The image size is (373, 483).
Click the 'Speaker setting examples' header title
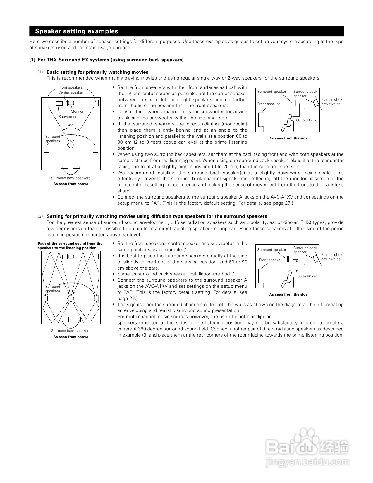tap(76, 31)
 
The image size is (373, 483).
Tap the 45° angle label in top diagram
tap(71, 125)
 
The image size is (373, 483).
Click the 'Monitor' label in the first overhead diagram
tap(77, 111)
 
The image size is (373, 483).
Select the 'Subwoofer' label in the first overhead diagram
tap(68, 117)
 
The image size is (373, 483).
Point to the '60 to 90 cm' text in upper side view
tap(306, 120)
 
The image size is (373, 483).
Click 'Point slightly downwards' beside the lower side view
tap(331, 257)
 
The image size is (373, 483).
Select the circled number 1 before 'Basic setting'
tap(40, 72)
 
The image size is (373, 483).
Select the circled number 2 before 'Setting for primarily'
tap(40, 216)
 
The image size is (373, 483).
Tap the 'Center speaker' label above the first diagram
tap(71, 92)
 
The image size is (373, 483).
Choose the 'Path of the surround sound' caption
tap(70, 246)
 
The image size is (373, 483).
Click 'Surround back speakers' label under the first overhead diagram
tap(71, 178)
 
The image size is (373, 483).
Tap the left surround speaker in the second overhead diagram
tap(46, 299)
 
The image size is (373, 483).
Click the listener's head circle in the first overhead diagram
tap(71, 144)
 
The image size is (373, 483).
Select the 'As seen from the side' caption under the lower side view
tap(288, 294)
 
